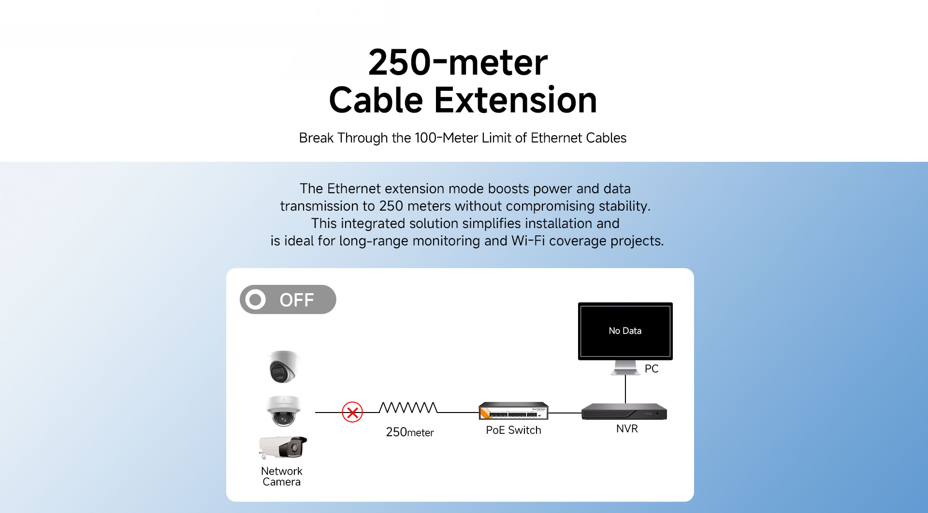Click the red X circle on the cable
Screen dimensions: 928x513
tap(352, 413)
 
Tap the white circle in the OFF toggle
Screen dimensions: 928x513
tap(255, 299)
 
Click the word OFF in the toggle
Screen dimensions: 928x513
tap(297, 300)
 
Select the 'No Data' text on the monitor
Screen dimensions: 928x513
tap(625, 331)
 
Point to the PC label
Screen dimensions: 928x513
tap(652, 369)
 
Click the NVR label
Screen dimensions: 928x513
tap(627, 428)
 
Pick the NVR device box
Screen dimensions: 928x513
tap(624, 412)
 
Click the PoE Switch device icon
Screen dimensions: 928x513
tap(513, 411)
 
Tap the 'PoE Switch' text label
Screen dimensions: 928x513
tap(513, 430)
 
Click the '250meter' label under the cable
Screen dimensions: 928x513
tap(410, 432)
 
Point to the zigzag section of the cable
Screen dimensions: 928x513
tap(408, 408)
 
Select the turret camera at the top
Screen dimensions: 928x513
tap(284, 367)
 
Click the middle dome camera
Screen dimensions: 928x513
tap(284, 411)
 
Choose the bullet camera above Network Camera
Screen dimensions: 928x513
tap(283, 447)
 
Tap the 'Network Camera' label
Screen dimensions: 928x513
tap(282, 476)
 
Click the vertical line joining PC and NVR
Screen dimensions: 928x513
tap(625, 389)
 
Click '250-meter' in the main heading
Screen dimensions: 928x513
tap(458, 62)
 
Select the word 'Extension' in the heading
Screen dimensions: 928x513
tap(516, 100)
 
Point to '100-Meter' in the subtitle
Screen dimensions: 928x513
tap(447, 138)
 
